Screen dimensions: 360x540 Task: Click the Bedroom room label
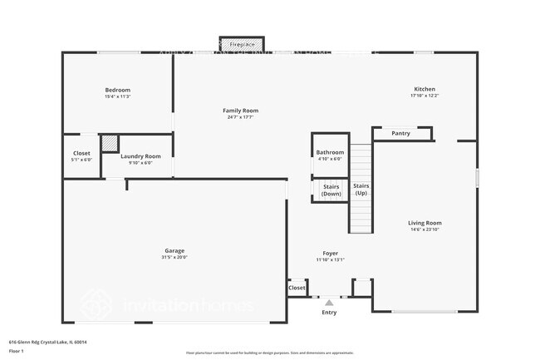tap(117, 90)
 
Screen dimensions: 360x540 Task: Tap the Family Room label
tap(240, 111)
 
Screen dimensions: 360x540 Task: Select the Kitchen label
tap(425, 89)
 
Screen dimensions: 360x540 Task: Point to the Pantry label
tap(400, 133)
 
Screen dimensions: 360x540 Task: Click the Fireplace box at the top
tap(241, 44)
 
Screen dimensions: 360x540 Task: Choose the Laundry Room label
tap(140, 156)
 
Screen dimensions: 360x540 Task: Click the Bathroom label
tap(330, 152)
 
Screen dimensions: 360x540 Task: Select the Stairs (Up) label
tap(361, 189)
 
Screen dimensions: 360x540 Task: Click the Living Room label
tap(424, 223)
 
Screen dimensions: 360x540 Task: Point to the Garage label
tap(174, 250)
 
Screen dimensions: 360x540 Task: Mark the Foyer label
tap(330, 253)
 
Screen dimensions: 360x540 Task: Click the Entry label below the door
tap(329, 313)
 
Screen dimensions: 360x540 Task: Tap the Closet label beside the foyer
tap(297, 288)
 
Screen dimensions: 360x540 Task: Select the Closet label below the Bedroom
tap(81, 153)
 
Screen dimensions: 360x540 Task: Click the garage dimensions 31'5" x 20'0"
tap(174, 258)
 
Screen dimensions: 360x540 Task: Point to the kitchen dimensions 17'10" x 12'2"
tap(425, 96)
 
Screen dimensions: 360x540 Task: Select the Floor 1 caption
tap(17, 352)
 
